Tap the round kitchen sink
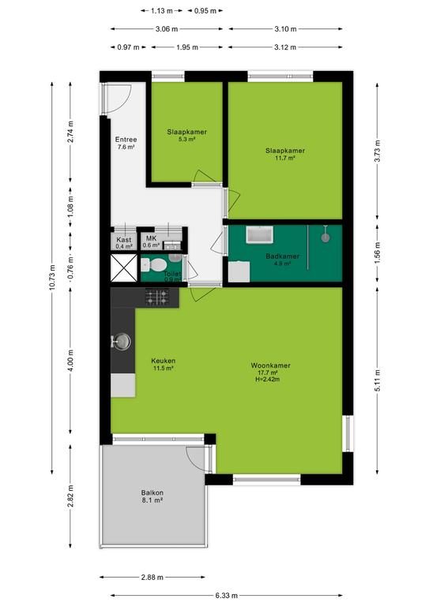[122, 341]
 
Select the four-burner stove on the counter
[157, 297]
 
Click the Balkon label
[152, 492]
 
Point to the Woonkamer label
[270, 365]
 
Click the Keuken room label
[164, 361]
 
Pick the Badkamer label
[282, 256]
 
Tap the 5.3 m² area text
[186, 139]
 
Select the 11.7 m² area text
[285, 158]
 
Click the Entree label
[126, 140]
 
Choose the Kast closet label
[123, 240]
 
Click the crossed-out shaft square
[124, 267]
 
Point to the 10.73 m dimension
[53, 278]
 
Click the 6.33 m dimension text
[227, 596]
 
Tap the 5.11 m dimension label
[378, 380]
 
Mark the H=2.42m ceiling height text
[267, 380]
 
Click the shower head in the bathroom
[326, 237]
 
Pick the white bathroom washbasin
[260, 234]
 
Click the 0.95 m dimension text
[205, 11]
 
